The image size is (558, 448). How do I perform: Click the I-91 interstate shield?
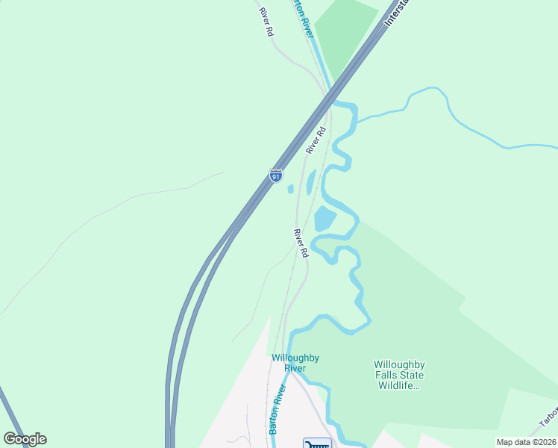tap(276, 175)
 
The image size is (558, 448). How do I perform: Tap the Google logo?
tap(25, 439)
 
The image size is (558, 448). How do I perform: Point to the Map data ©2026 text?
tap(526, 442)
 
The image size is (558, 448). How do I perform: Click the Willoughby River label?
tap(295, 363)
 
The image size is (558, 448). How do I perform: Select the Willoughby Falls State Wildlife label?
tap(399, 375)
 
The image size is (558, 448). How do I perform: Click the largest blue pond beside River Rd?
tap(325, 219)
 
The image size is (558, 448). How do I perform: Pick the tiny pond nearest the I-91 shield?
tap(290, 189)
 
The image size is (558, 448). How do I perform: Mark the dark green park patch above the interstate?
tap(344, 34)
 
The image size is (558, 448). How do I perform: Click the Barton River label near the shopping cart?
tap(278, 409)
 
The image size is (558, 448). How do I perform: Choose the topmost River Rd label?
tap(265, 22)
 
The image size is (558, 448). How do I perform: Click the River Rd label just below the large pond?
tap(301, 243)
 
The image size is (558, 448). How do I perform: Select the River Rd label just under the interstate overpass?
tap(316, 141)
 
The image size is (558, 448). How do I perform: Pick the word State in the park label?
tap(413, 375)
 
